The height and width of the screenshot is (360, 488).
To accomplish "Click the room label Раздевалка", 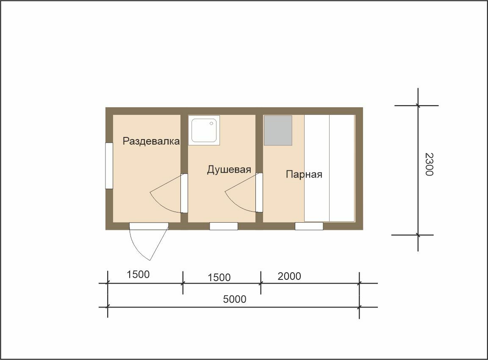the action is click(151, 141).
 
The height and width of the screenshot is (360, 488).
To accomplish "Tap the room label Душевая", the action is click(229, 170).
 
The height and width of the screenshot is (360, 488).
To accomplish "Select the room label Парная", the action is click(304, 174).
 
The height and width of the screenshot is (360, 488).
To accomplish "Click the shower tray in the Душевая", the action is click(204, 130).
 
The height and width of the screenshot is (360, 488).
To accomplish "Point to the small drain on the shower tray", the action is click(211, 124).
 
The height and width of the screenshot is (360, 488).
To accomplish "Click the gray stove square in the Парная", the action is click(278, 130).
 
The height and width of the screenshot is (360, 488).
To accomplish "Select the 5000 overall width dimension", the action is click(235, 299).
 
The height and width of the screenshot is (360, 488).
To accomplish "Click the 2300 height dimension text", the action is click(429, 165).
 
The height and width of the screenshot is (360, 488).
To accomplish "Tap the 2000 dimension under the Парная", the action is click(289, 276).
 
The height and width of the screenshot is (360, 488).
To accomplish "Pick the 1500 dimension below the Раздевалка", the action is click(138, 274).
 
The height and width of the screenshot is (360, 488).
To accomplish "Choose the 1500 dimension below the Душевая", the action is click(219, 277).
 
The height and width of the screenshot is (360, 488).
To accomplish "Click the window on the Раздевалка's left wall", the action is click(109, 166).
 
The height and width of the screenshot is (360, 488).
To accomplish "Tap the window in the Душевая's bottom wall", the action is click(224, 226).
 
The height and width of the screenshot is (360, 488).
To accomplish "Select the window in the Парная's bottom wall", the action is click(309, 226).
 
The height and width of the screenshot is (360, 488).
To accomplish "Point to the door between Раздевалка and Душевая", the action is click(184, 193).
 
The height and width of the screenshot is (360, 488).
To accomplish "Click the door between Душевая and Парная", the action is click(259, 193).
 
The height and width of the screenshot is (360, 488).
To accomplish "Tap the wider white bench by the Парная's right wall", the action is click(342, 168).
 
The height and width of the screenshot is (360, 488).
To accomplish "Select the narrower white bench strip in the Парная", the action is click(317, 168).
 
